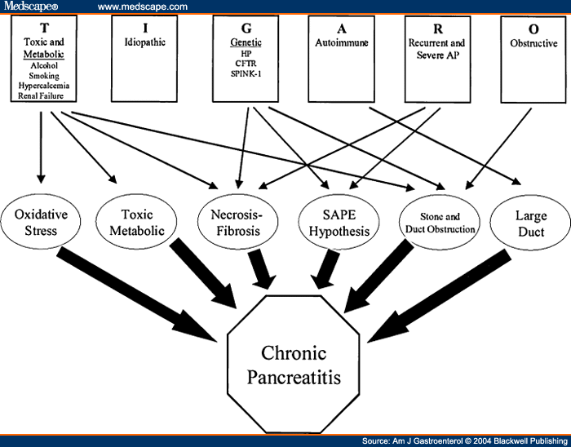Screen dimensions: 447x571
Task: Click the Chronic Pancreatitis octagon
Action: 293,364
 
